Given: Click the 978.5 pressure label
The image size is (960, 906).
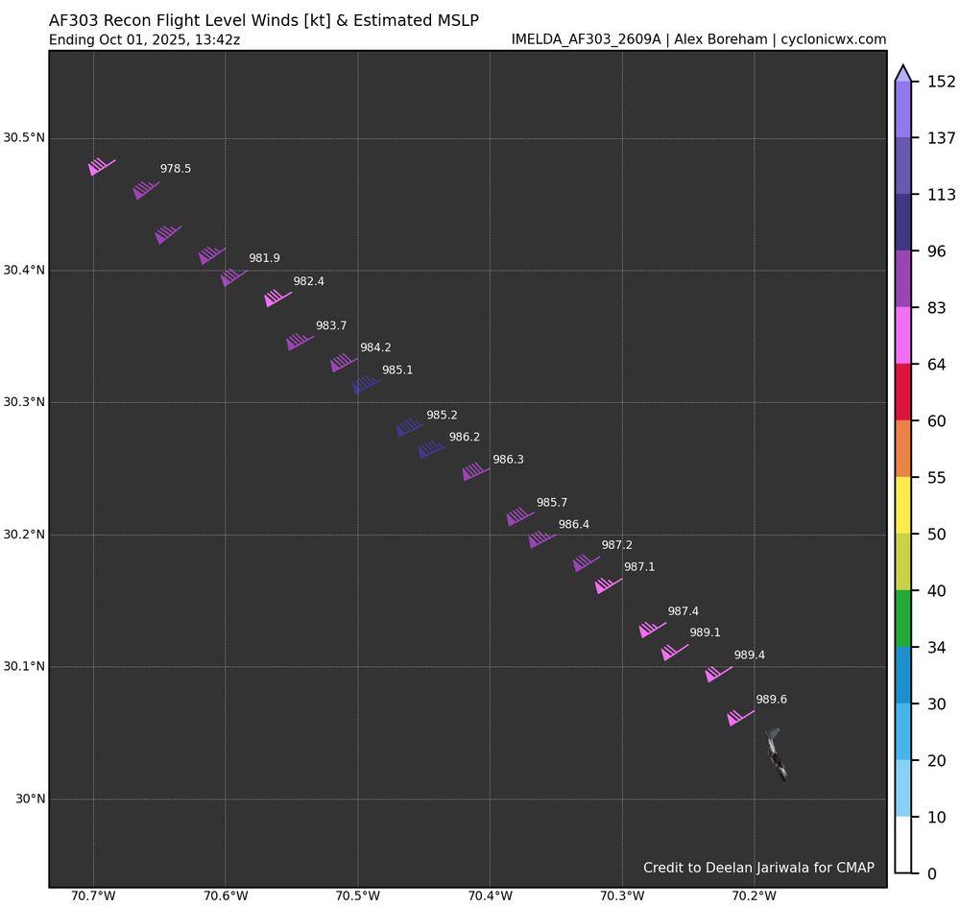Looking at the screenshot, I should (175, 169).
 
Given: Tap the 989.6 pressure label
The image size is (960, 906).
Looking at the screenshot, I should (771, 700).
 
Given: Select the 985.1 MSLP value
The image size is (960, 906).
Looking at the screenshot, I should (397, 370).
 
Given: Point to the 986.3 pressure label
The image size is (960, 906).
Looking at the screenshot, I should (508, 460).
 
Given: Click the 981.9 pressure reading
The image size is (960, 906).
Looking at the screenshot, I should (264, 258).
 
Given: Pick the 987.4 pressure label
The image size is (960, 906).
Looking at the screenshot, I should (683, 611).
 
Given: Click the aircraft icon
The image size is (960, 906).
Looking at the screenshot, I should (777, 754).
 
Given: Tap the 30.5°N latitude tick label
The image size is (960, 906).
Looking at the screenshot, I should (24, 137).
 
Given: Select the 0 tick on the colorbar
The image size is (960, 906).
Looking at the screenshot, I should (919, 873).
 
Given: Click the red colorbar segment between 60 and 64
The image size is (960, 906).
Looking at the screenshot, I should (902, 393).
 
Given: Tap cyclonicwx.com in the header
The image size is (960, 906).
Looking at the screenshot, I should (833, 39).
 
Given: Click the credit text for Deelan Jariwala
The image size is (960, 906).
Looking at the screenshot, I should (758, 868).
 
